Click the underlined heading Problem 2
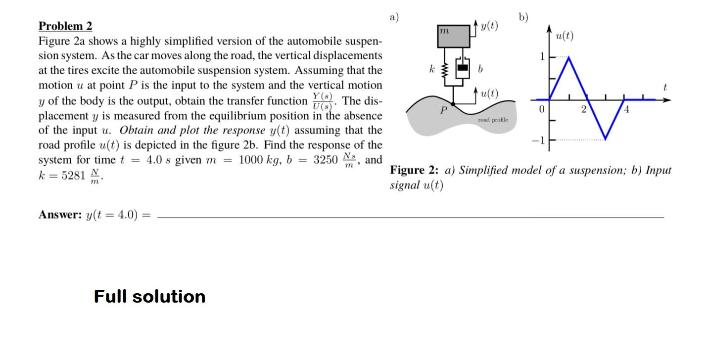click(x=65, y=26)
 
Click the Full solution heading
click(x=149, y=296)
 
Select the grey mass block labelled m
click(x=453, y=36)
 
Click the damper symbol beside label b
click(x=462, y=69)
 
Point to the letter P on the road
click(x=444, y=110)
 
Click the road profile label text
click(x=493, y=120)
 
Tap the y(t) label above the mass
click(x=489, y=26)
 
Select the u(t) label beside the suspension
click(x=489, y=93)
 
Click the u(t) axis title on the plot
click(x=564, y=36)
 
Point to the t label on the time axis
click(x=665, y=88)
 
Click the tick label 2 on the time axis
click(x=583, y=109)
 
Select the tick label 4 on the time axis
click(x=626, y=109)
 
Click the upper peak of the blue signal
click(x=569, y=57)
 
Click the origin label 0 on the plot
click(x=541, y=109)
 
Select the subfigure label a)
click(x=394, y=17)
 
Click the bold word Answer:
click(x=60, y=215)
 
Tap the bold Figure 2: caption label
click(x=414, y=171)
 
